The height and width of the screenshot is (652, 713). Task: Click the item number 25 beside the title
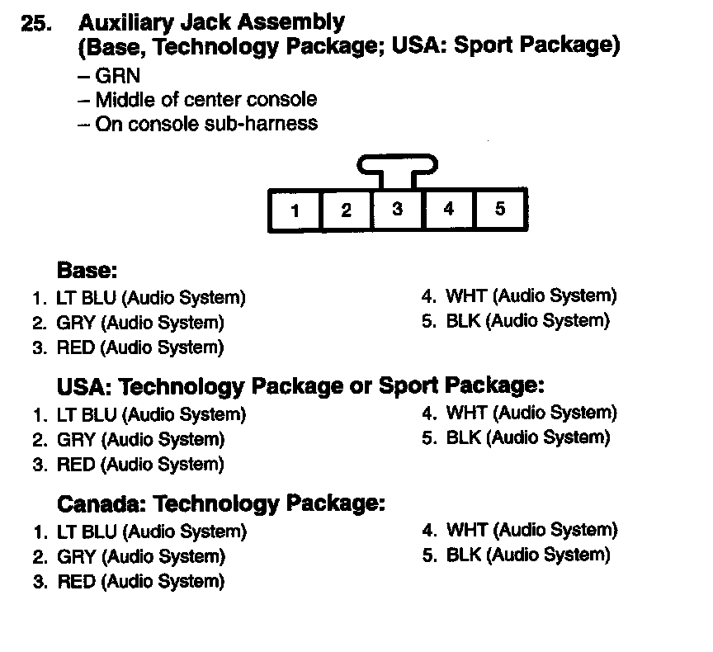click(35, 24)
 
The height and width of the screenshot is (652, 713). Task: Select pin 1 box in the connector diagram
click(295, 210)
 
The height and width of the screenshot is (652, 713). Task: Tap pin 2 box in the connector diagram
click(347, 210)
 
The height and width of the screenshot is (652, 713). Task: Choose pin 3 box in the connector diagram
click(398, 210)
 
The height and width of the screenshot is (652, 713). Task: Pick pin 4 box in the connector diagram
click(449, 210)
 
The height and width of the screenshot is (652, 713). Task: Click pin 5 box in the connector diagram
click(500, 210)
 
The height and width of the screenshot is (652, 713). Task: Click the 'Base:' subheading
click(87, 270)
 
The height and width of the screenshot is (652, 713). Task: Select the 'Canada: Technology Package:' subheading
click(220, 503)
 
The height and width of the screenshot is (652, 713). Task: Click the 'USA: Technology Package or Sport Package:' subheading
click(300, 386)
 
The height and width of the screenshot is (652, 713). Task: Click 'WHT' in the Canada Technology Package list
click(464, 530)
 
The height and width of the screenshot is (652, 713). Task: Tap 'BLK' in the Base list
click(463, 321)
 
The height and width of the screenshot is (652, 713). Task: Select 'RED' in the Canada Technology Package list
click(76, 582)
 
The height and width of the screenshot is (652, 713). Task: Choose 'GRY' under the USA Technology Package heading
click(75, 439)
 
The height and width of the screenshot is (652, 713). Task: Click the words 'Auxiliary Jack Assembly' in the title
click(212, 22)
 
